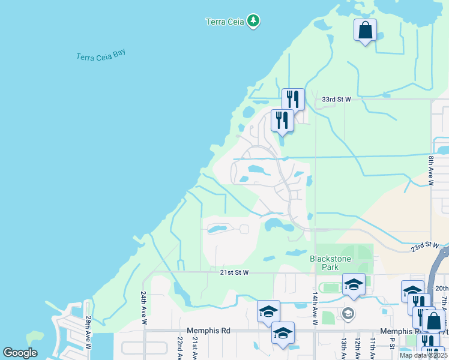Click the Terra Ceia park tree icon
[x=254, y=22]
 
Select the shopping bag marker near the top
[x=365, y=30]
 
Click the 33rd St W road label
[x=336, y=99]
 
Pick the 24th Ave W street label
[x=144, y=308]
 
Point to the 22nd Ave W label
[x=179, y=347]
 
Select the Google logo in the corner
[x=20, y=353]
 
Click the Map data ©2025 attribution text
[x=423, y=355]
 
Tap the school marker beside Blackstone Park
[x=354, y=284]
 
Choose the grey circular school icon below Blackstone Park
[x=348, y=313]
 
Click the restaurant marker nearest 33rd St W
[x=293, y=99]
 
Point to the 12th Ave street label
[x=358, y=347]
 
